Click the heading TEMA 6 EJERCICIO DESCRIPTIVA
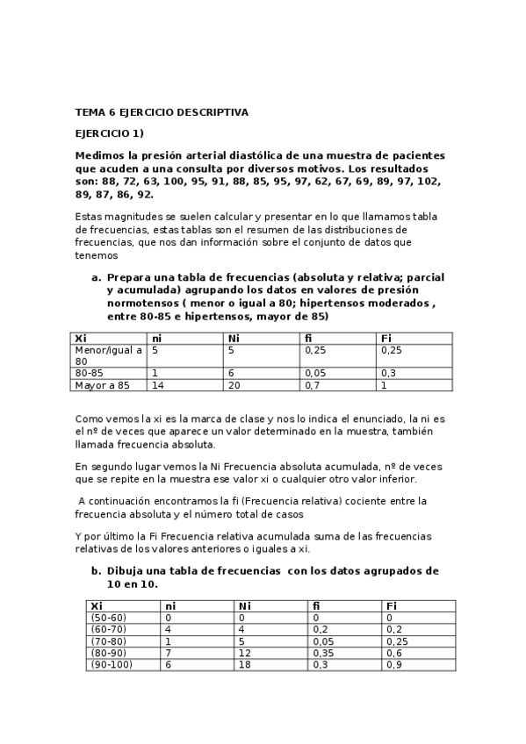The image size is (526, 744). tap(162, 112)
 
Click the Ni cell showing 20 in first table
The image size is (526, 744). tap(234, 384)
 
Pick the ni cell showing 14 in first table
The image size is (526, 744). tap(159, 384)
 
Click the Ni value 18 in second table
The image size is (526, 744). tap(244, 664)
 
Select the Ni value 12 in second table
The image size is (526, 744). tap(244, 653)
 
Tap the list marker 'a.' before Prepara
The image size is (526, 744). tap(97, 276)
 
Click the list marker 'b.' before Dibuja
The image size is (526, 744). tap(97, 570)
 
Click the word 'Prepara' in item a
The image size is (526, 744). tap(128, 276)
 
